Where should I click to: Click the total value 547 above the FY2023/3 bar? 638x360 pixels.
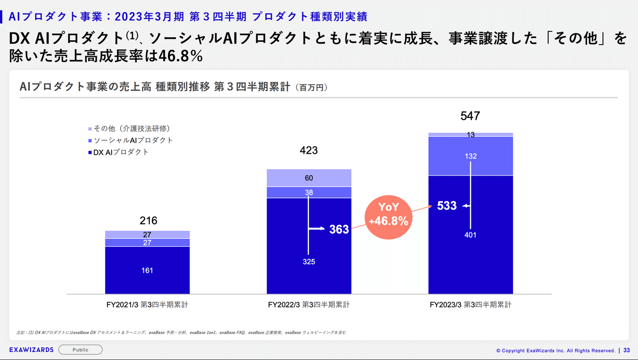pos(471,115)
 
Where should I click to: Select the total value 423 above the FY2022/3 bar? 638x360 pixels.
pos(308,150)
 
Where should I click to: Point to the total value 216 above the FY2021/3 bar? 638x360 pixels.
pos(147,221)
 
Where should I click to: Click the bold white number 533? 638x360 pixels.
pos(447,206)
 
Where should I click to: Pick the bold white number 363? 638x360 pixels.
pos(339,229)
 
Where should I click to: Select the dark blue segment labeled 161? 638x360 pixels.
pos(147,270)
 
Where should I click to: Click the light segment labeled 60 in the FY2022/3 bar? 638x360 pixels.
pos(309,178)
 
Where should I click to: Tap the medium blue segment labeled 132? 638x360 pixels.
pos(471,156)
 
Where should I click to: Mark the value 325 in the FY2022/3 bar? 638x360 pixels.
pos(309,262)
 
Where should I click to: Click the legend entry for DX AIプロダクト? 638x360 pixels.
pos(118,152)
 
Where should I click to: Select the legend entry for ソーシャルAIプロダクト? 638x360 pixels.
pos(130,140)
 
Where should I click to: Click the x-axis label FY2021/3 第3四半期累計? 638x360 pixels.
pos(147,305)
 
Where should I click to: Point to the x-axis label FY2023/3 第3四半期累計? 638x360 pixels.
pos(471,305)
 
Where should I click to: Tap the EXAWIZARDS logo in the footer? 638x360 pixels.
pos(31,350)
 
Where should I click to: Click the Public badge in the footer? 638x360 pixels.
pos(80,350)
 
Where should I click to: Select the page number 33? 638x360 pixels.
pos(626,350)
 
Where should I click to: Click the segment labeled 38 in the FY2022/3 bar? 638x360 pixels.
pos(309,192)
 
